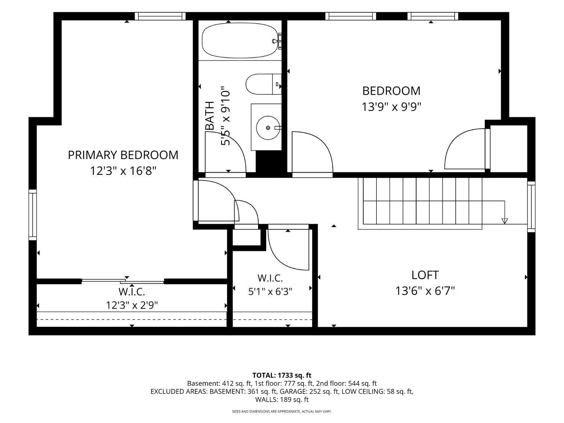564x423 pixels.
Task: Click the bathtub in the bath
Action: coord(240,40)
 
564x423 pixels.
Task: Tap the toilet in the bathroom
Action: coord(264,84)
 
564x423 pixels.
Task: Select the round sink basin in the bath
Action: coord(268,127)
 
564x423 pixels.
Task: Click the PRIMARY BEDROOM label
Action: coord(123,155)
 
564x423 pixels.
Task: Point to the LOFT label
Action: coord(425,275)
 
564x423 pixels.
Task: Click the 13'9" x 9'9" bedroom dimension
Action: coord(391,106)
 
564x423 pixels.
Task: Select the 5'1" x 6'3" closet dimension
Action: coord(270,291)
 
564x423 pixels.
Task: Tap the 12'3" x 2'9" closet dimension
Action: coord(132,305)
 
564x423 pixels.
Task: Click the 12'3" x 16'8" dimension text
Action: coord(123,171)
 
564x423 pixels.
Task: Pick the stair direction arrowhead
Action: coord(505,221)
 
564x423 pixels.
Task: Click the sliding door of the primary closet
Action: coord(123,281)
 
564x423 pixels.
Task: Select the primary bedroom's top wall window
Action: coord(160,16)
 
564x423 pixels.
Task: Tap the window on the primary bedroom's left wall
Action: coord(33,215)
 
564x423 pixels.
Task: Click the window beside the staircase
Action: coord(531,207)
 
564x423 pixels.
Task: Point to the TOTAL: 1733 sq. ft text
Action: coord(282,375)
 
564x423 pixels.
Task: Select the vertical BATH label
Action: coord(210,115)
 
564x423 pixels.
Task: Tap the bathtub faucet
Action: coord(277,41)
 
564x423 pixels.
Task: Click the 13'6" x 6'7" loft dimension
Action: coord(425,291)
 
